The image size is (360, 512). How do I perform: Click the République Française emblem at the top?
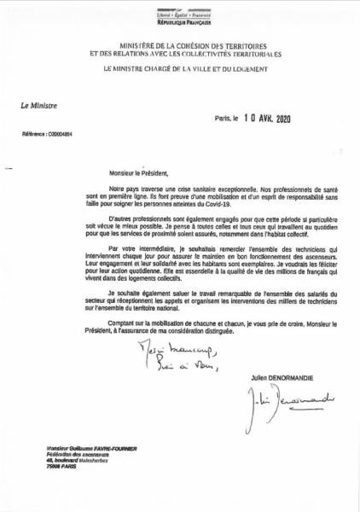pos(179,15)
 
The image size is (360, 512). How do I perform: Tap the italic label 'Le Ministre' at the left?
pos(40,106)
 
